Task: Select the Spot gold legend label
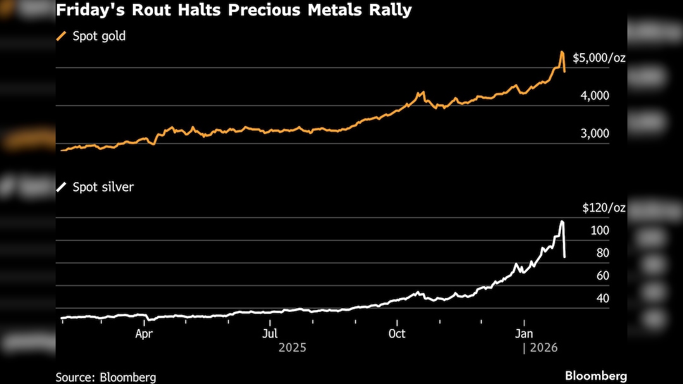tap(99, 36)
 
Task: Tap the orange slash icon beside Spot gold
tap(61, 36)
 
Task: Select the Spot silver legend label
tap(103, 187)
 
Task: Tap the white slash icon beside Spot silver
tap(61, 187)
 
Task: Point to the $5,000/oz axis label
tap(599, 58)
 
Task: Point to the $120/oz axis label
tap(604, 207)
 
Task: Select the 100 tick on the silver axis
tap(600, 230)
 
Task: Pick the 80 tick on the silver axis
tap(602, 253)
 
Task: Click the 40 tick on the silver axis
tap(602, 299)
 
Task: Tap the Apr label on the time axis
tap(144, 333)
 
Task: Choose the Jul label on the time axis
tap(270, 333)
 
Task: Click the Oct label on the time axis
tap(397, 333)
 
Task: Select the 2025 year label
tap(292, 347)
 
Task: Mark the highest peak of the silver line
tap(562, 221)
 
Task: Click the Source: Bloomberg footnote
tap(106, 377)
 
